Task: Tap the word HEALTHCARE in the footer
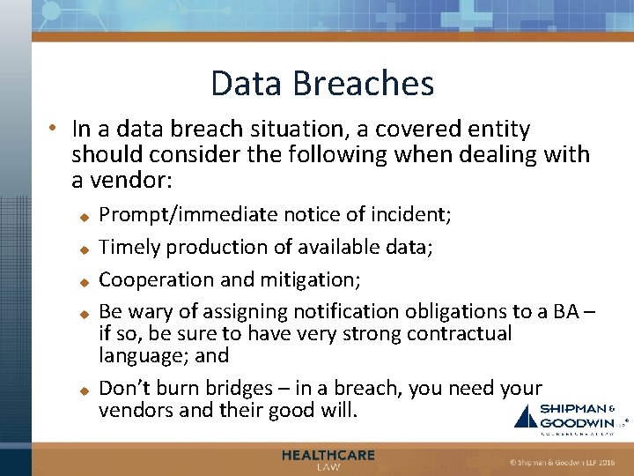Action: point(328,455)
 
